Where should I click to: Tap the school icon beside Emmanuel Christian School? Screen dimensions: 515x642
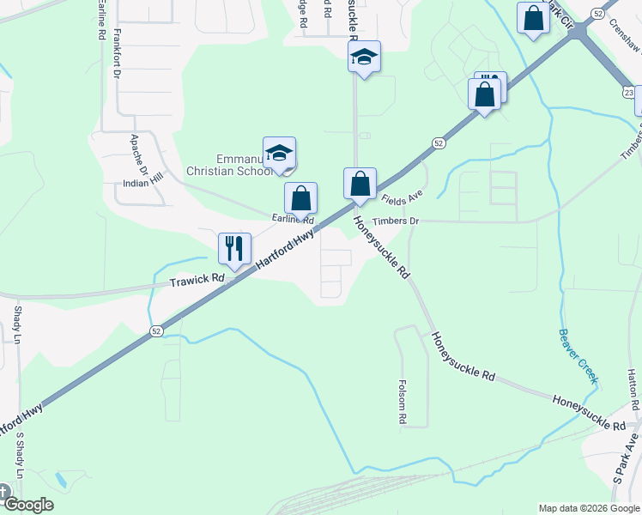tap(279, 152)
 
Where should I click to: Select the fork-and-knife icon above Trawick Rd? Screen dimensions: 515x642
tap(234, 248)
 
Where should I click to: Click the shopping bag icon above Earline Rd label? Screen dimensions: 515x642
tap(301, 197)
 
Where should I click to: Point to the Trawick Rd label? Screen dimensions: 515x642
tap(197, 280)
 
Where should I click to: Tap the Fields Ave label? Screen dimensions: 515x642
tap(403, 198)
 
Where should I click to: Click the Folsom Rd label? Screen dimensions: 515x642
tap(402, 403)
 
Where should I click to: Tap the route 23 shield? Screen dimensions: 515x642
tap(629, 93)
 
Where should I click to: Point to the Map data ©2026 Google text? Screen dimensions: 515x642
tap(588, 508)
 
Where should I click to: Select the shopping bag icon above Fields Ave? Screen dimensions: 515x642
tap(360, 183)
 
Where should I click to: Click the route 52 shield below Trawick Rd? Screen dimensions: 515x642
tap(155, 330)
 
